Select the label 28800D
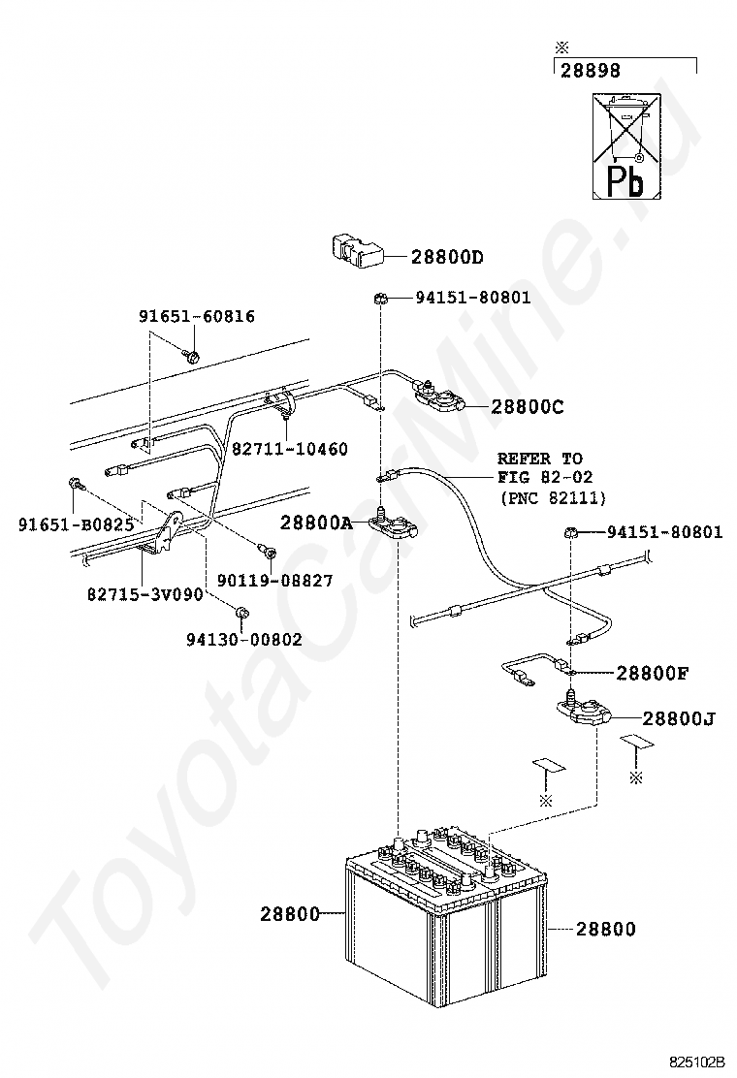click(x=447, y=257)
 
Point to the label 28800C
click(x=527, y=408)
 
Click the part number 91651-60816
click(x=197, y=316)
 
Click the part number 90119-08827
click(x=274, y=581)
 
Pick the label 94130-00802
click(x=243, y=639)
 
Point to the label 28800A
click(x=316, y=523)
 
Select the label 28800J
click(x=677, y=719)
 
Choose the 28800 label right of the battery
click(x=606, y=929)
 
